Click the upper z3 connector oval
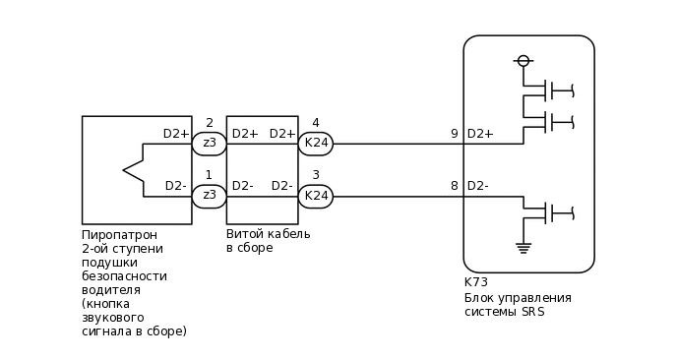(209, 144)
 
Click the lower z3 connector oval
(209, 196)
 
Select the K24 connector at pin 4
(316, 144)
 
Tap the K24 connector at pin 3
(316, 196)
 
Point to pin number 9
(454, 134)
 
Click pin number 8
(454, 186)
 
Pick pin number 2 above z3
(209, 123)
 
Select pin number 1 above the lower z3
(209, 175)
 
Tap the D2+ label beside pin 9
(480, 134)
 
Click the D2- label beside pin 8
(478, 186)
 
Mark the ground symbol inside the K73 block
(523, 247)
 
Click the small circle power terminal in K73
(523, 61)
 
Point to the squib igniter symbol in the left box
(134, 170)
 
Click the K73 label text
(475, 282)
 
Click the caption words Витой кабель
(268, 234)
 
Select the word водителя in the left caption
(111, 290)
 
